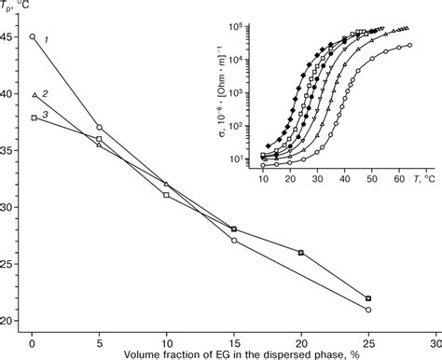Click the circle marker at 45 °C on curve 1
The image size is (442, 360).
pyautogui.click(x=33, y=37)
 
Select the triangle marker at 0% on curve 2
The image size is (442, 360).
pyautogui.click(x=33, y=95)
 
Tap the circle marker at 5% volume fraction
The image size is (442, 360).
pyautogui.click(x=100, y=128)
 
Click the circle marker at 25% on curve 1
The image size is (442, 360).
pyautogui.click(x=368, y=310)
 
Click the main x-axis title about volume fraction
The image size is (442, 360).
pyautogui.click(x=228, y=354)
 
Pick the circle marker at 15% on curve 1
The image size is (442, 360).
pyautogui.click(x=234, y=241)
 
